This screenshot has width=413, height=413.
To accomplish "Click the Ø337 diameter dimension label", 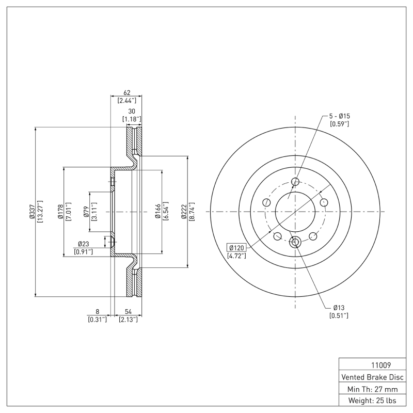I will [x=33, y=212].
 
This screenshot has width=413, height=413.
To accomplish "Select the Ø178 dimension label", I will [x=60, y=212].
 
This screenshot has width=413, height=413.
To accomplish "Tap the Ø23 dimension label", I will [x=84, y=244].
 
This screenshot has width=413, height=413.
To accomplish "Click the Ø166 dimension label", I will [x=157, y=212].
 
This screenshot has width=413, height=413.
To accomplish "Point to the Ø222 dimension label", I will [x=184, y=212].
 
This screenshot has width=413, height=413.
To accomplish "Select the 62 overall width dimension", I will [x=126, y=92].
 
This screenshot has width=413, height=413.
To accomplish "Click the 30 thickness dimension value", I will [x=132, y=112].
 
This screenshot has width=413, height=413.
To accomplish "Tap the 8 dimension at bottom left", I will [x=97, y=312].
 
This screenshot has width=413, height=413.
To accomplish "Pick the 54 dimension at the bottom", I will [x=126, y=312].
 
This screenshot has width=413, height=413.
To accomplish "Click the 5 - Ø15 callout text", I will [x=340, y=116].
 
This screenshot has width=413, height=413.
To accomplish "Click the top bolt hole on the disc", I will [x=295, y=181].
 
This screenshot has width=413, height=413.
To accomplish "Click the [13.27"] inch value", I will [x=40, y=212].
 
